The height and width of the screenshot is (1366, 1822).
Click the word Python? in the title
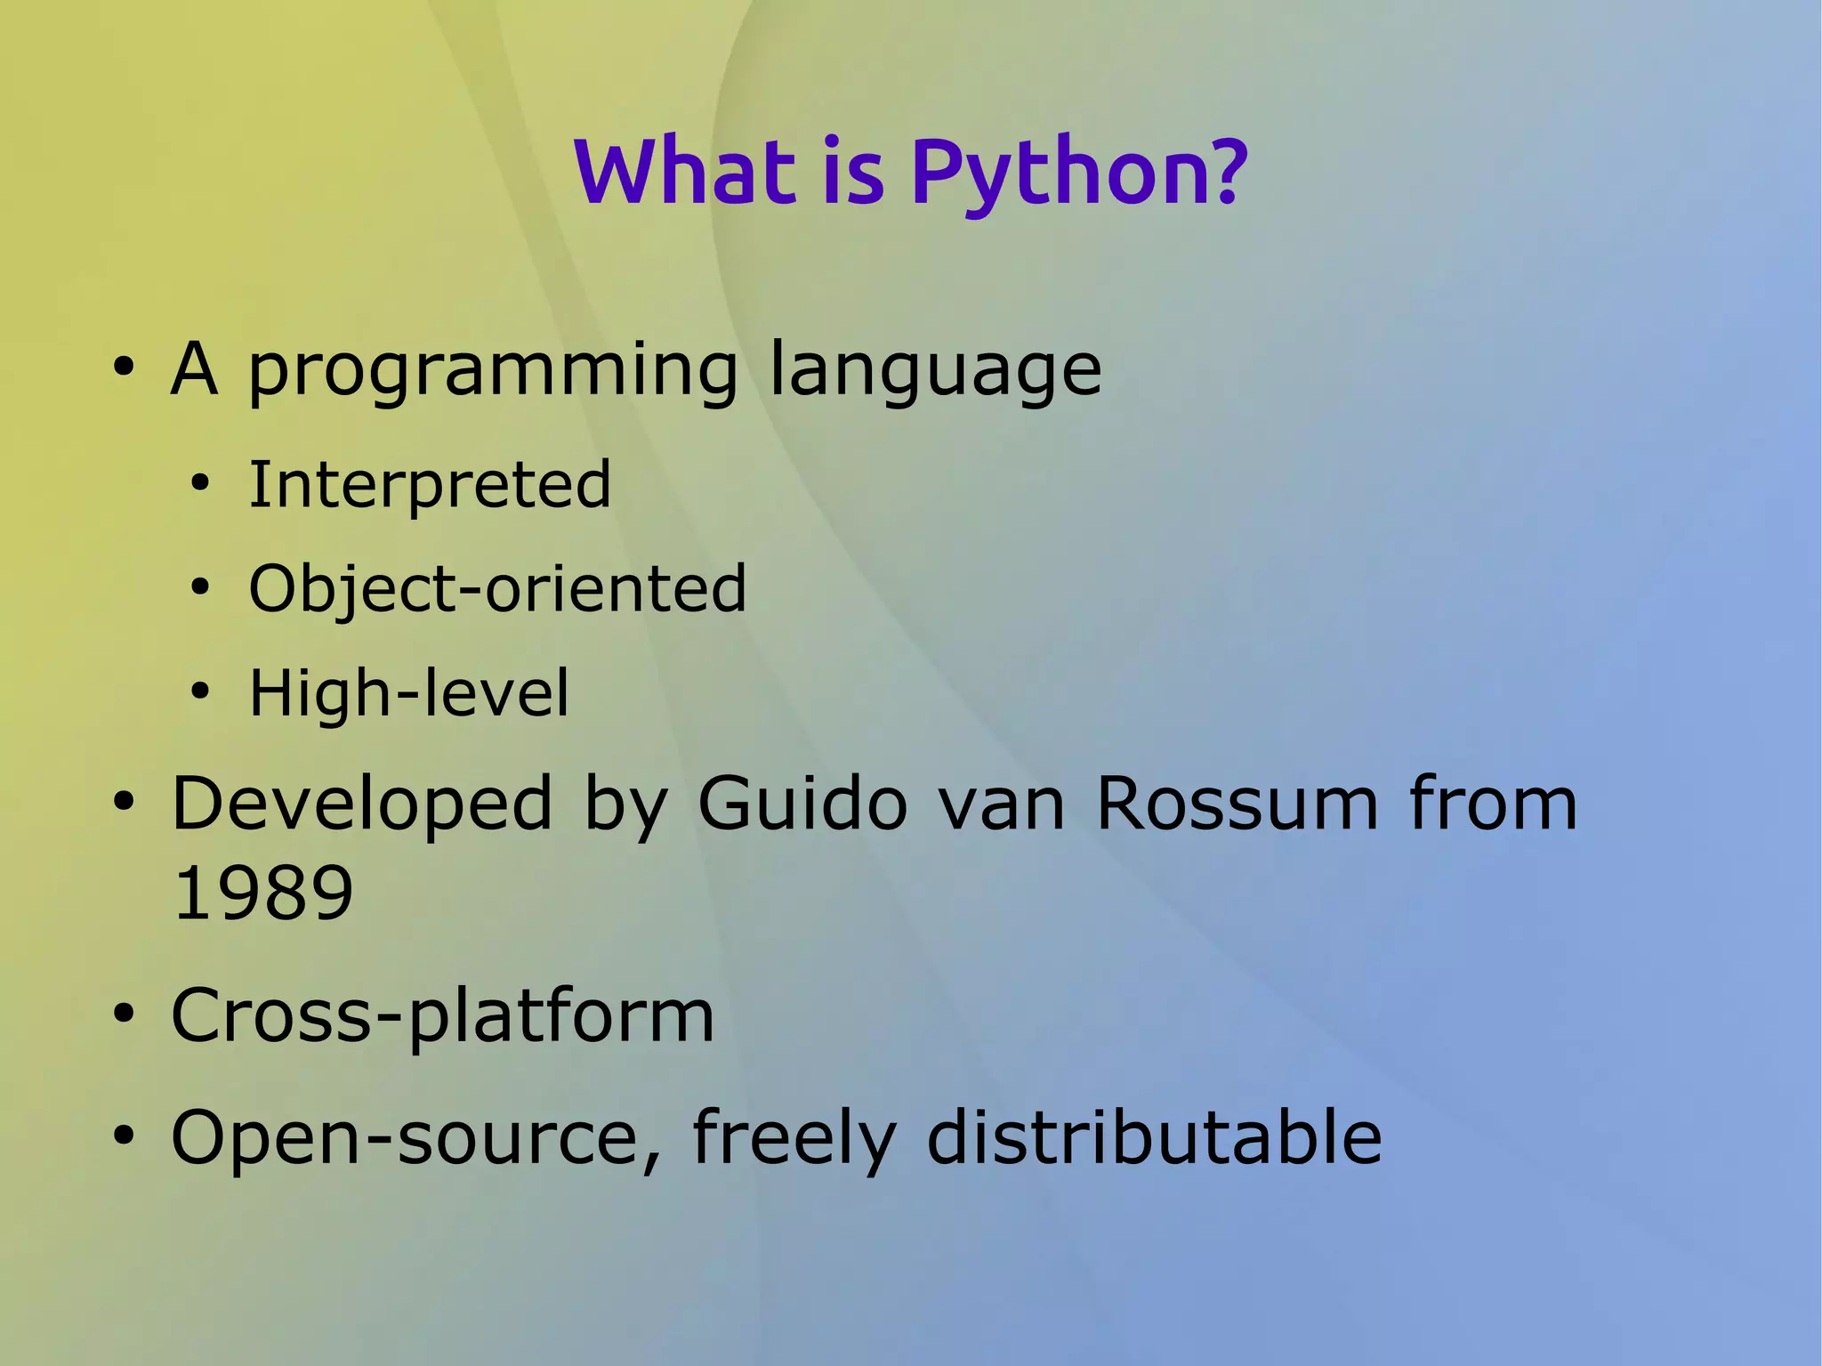coord(1078,174)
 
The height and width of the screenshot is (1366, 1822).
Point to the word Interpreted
coord(430,486)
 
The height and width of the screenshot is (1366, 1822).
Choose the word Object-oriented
coord(497,590)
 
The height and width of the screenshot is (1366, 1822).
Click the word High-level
coord(408,693)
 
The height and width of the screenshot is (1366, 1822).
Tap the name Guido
coord(801,804)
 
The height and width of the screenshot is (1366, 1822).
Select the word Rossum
coord(1237,804)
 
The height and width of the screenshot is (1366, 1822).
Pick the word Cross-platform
coord(442,1015)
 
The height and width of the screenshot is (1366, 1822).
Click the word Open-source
coord(405,1138)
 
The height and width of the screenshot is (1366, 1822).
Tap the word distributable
coord(1154,1136)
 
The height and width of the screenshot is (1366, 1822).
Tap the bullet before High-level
coord(200,691)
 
